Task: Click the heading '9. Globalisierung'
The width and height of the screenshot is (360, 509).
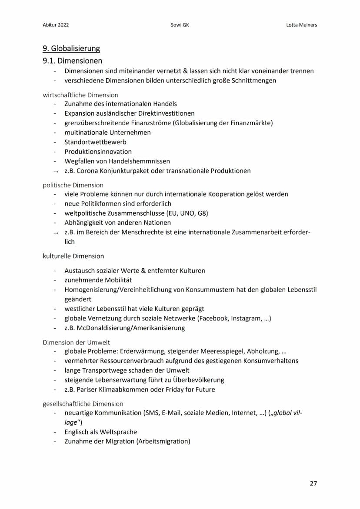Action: (71, 48)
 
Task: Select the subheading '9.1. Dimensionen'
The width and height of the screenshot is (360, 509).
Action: (73, 61)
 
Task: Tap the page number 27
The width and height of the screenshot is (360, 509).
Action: (313, 483)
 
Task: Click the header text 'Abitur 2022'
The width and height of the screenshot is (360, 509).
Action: (56, 25)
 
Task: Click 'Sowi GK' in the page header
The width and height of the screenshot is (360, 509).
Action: (180, 25)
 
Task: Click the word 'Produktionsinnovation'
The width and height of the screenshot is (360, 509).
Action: (98, 152)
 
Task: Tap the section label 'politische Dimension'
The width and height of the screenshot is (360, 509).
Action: (73, 185)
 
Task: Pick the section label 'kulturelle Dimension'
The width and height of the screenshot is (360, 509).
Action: (73, 256)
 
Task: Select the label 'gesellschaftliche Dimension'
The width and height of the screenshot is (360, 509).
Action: (83, 403)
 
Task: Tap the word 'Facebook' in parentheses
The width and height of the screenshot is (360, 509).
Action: (213, 318)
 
